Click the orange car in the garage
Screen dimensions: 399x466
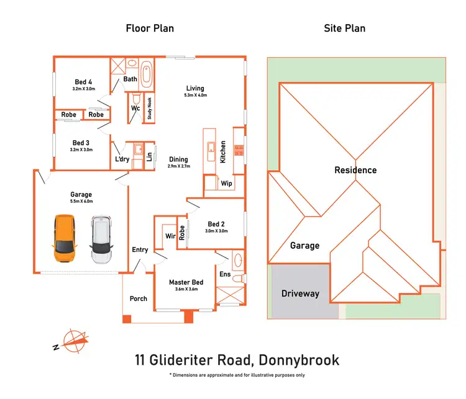tap(64, 238)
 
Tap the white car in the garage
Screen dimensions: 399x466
tap(101, 238)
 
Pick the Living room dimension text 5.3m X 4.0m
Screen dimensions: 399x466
tap(195, 96)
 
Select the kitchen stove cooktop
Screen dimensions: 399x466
tap(237, 150)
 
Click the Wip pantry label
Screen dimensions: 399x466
tap(226, 184)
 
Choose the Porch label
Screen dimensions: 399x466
tap(138, 298)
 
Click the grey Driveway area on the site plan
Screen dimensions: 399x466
tap(301, 293)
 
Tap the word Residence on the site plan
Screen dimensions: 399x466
tap(355, 170)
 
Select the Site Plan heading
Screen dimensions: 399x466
tap(344, 28)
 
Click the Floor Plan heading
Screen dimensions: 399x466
tap(150, 28)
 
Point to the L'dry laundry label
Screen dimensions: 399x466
tap(122, 159)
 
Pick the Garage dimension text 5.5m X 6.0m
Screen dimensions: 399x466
tap(81, 202)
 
